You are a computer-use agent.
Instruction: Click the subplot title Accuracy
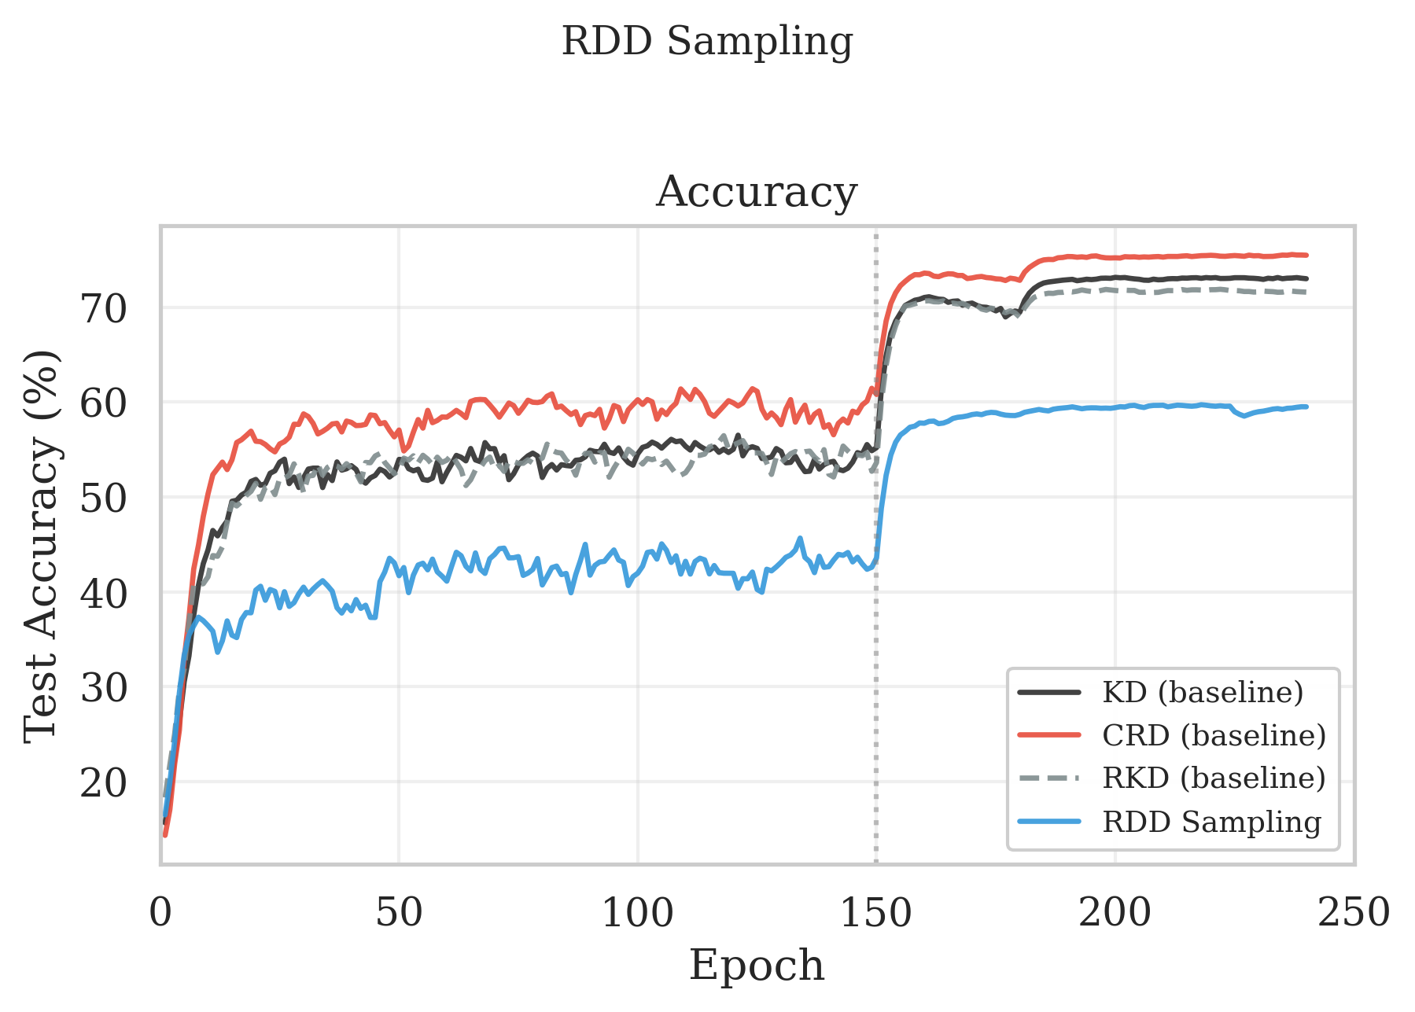(756, 192)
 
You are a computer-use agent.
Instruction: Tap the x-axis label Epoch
(756, 965)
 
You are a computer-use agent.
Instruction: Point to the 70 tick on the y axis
(103, 308)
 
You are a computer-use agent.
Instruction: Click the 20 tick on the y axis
(103, 782)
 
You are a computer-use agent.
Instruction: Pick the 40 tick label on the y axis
(103, 593)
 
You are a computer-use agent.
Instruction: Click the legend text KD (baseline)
(1203, 693)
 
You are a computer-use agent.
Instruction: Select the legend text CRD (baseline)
(1214, 735)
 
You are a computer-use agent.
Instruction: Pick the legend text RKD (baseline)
(1214, 778)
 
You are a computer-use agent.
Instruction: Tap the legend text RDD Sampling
(1211, 821)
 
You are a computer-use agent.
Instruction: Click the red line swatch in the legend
(1049, 735)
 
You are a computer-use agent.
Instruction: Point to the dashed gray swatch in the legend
(1049, 778)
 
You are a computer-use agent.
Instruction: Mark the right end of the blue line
(1306, 407)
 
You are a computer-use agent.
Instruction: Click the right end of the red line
(1306, 255)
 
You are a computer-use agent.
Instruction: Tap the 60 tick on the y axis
(103, 403)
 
